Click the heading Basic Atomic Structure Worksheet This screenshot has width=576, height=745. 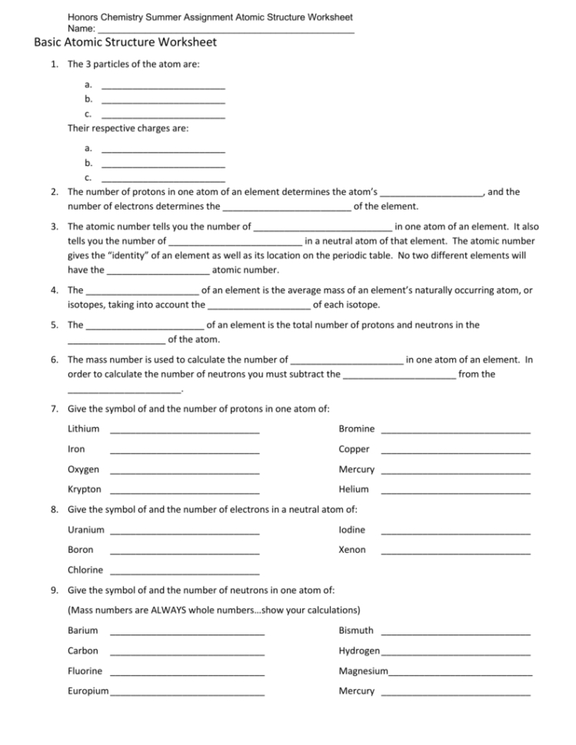pos(125,43)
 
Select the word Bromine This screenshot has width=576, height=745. pos(357,429)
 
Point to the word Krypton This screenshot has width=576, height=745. pos(85,489)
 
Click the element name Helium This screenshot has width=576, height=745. pos(354,489)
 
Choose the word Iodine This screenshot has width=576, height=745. pos(352,530)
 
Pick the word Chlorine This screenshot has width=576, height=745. pos(85,570)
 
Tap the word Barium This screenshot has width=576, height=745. pos(83,631)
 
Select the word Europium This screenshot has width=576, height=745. pos(88,691)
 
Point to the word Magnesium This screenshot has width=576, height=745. pos(363,671)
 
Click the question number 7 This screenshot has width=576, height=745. pos(55,409)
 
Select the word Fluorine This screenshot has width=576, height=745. pos(85,671)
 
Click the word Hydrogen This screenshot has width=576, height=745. pos(359,651)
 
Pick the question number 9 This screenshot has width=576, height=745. pos(55,591)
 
